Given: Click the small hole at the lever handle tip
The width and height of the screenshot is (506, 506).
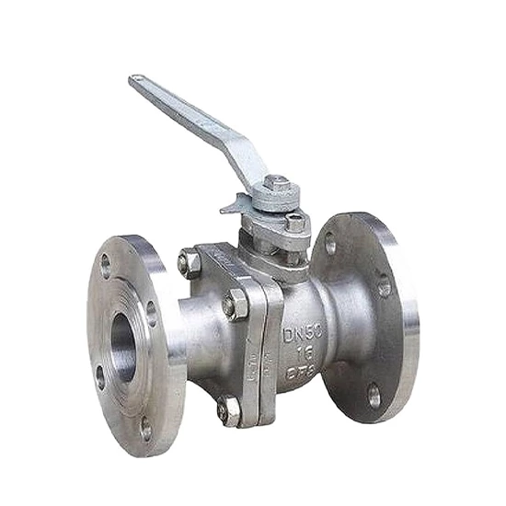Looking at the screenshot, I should tap(136, 80).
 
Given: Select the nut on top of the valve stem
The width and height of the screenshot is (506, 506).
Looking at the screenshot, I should tap(278, 185).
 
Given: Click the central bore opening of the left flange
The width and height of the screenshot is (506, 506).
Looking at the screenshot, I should tap(122, 346).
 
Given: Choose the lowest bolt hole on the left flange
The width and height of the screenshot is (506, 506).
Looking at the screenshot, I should tap(144, 426).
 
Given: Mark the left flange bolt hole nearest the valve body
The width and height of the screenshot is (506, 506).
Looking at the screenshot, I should tap(151, 314).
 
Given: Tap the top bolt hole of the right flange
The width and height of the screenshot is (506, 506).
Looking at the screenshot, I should tap(330, 244).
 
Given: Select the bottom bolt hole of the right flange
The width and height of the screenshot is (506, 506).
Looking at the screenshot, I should tap(374, 395).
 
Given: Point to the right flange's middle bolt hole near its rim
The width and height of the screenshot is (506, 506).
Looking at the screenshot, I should tap(385, 288).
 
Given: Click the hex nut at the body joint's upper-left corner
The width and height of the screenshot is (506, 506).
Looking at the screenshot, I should tap(189, 264).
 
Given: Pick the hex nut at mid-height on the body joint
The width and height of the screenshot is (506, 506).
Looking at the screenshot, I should tap(236, 304).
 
